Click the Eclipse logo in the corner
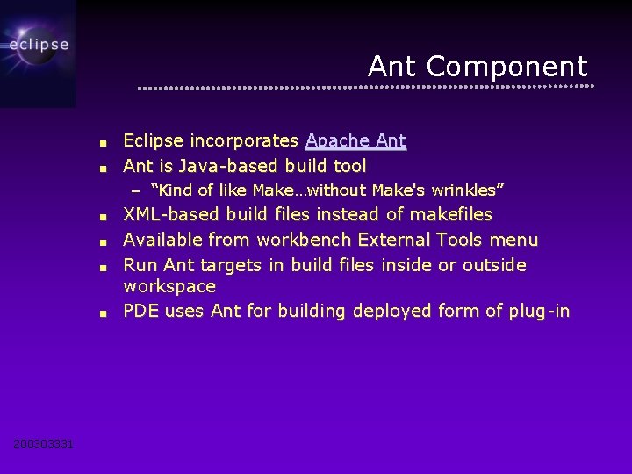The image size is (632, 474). point(38,44)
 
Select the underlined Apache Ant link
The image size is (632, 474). point(355,141)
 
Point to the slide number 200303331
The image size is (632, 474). point(44,444)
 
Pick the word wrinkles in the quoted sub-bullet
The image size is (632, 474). point(470,190)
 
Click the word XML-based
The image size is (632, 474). point(172,214)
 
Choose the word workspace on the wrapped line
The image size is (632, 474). point(169,286)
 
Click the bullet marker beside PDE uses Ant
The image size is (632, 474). point(103,312)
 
